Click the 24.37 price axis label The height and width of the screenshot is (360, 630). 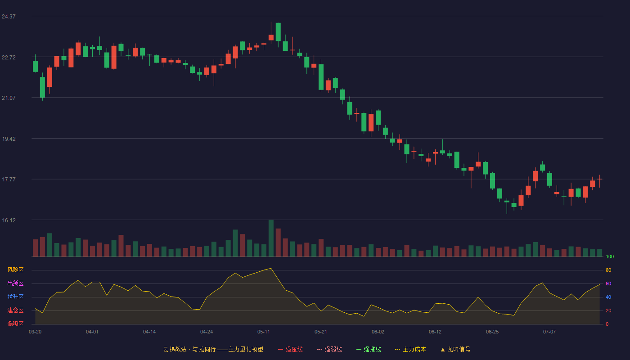click(9, 17)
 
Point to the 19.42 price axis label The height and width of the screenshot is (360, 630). click(9, 139)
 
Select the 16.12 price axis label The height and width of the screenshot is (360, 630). click(9, 220)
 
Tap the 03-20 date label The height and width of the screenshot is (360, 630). click(35, 332)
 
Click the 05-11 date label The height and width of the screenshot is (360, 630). click(264, 332)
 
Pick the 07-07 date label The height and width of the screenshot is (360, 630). click(549, 332)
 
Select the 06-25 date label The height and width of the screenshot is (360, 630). click(492, 332)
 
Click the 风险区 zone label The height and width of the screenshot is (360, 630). click(15, 270)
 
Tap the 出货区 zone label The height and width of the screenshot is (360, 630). click(15, 283)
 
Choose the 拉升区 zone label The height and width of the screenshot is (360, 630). click(15, 297)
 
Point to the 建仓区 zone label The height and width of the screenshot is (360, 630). click(15, 310)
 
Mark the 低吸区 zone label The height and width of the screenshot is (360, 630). click(15, 324)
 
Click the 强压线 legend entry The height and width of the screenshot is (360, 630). click(290, 349)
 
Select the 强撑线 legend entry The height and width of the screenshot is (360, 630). click(369, 349)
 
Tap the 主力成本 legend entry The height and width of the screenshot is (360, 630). click(410, 349)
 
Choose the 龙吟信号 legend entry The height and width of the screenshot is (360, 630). click(455, 349)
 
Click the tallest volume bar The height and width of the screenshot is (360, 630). click(271, 238)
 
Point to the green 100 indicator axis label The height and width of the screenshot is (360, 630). click(610, 256)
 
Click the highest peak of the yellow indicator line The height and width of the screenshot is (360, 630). click(271, 268)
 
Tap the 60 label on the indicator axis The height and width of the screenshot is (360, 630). click(608, 283)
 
